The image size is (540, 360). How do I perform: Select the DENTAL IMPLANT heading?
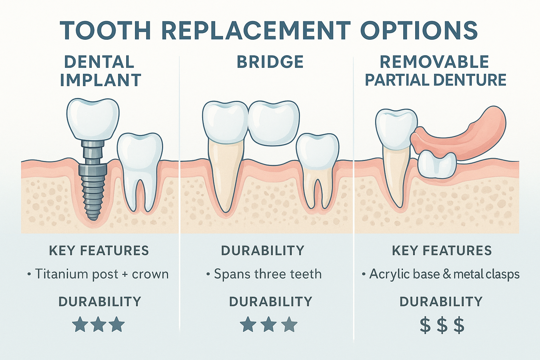(x=100, y=71)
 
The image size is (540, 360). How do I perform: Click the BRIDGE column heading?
(x=270, y=62)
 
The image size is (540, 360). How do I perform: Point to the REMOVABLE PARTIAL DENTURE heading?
(x=435, y=71)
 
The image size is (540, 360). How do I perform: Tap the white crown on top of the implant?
(x=93, y=118)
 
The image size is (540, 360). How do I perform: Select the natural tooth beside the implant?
(x=140, y=165)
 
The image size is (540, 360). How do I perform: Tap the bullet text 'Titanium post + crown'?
(x=98, y=274)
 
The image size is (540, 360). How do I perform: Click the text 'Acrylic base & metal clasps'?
(x=441, y=274)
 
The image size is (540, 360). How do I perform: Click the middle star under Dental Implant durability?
(x=99, y=324)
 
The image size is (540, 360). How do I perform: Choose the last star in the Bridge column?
(x=289, y=324)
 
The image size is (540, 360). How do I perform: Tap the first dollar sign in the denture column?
(x=425, y=325)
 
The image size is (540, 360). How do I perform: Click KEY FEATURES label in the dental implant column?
(x=99, y=251)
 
